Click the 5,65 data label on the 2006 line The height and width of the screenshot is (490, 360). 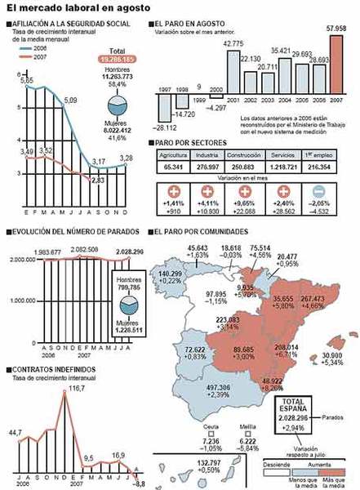click(x=27, y=81)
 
